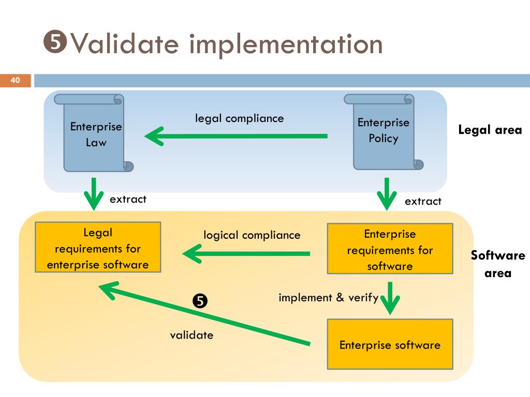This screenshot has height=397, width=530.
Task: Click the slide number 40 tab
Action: [x=16, y=80]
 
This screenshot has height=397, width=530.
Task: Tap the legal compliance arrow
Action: [x=236, y=136]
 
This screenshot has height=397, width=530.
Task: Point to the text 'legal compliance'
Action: [x=239, y=118]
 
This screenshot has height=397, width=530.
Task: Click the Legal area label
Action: [x=490, y=130]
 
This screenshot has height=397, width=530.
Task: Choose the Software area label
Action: [x=497, y=264]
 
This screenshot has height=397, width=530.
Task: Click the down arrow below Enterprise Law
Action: [x=94, y=193]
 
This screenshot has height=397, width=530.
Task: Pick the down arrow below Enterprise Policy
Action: [x=386, y=194]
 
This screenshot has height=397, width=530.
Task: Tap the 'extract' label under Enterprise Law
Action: [x=128, y=199]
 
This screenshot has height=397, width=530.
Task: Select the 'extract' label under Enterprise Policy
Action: [x=423, y=201]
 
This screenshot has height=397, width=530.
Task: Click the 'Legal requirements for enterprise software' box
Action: [x=98, y=248]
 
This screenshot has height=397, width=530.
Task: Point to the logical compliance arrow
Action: [x=246, y=254]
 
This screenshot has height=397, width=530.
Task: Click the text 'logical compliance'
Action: [x=252, y=235]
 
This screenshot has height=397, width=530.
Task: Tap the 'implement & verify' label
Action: [x=328, y=298]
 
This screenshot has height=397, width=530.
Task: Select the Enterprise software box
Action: [x=390, y=344]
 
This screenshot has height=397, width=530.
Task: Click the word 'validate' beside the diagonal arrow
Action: [x=192, y=335]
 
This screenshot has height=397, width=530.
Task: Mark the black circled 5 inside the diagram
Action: [x=200, y=300]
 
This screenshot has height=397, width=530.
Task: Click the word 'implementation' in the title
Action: [x=286, y=44]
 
